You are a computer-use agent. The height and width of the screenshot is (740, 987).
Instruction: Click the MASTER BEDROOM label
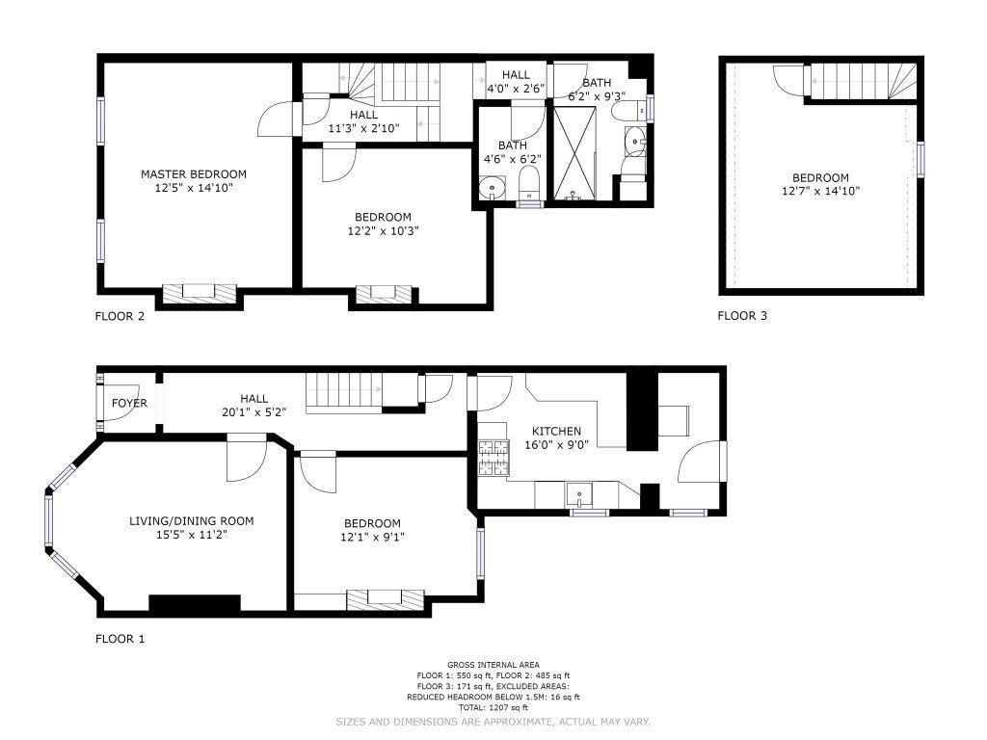193,174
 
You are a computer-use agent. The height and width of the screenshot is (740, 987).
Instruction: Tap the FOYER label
129,404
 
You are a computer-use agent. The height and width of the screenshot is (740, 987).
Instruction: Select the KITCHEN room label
556,431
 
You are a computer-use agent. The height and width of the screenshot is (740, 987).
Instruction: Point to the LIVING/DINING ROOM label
192,521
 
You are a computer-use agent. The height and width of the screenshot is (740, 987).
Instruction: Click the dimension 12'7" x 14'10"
820,192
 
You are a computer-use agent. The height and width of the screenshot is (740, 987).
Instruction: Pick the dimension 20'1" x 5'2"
253,412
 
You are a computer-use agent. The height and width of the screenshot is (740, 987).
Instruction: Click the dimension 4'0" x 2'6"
516,89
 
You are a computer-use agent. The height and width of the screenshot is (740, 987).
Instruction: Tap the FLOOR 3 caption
742,316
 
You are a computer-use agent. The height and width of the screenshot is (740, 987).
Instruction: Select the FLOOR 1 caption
120,640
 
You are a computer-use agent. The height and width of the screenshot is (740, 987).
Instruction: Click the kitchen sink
578,494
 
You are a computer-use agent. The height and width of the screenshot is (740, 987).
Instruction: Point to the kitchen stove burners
493,458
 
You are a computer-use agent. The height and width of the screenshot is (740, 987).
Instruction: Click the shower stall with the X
574,153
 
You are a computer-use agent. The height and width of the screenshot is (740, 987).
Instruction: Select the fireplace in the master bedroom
199,293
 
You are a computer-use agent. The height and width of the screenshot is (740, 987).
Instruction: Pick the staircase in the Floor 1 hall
344,393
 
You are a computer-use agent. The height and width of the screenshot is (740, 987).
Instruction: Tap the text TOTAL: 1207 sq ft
493,708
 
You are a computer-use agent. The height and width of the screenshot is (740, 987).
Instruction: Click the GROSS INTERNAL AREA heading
493,665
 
